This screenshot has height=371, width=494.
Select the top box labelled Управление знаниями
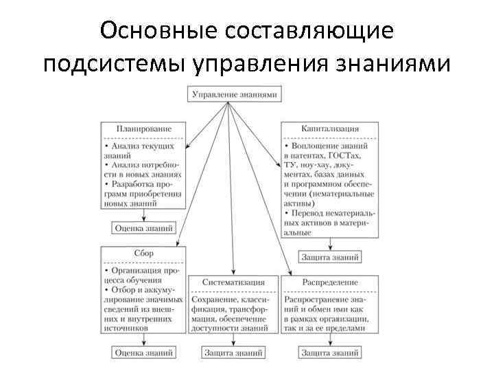235,94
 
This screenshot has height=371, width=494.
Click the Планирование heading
143,128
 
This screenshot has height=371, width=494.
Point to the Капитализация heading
330,128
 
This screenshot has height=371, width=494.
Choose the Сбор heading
143,253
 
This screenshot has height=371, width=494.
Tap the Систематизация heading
234,282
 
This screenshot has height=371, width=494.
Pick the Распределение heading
330,282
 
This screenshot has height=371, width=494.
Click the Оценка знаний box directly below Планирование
143,227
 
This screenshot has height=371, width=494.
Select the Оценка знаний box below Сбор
143,352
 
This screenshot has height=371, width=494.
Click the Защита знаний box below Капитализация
330,256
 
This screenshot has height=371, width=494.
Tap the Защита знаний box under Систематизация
234,352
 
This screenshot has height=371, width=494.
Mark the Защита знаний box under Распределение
330,352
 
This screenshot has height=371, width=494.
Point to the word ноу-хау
315,166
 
